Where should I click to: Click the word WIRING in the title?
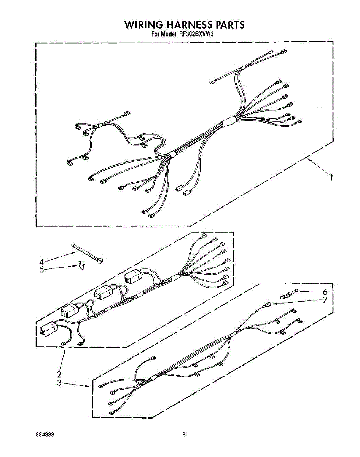pos(143,25)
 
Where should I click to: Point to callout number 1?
pos(331,177)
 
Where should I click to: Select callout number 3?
pos(59,383)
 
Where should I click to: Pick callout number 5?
pos(41,269)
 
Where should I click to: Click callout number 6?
pos(325,292)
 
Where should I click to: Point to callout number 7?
pos(325,300)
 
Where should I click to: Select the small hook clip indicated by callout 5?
pos(81,265)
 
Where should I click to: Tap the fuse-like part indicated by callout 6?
pos(289,294)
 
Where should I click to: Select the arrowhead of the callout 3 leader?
pos(88,387)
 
